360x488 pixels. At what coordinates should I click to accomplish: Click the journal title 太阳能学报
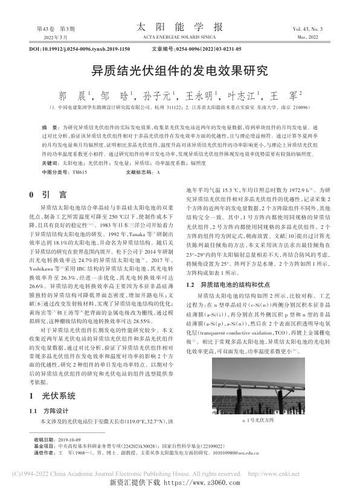(x=179, y=27)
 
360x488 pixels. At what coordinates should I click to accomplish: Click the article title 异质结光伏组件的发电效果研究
(x=179, y=70)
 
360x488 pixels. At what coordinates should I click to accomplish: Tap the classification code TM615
(x=79, y=173)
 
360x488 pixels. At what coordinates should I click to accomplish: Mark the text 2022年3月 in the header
(x=39, y=37)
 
